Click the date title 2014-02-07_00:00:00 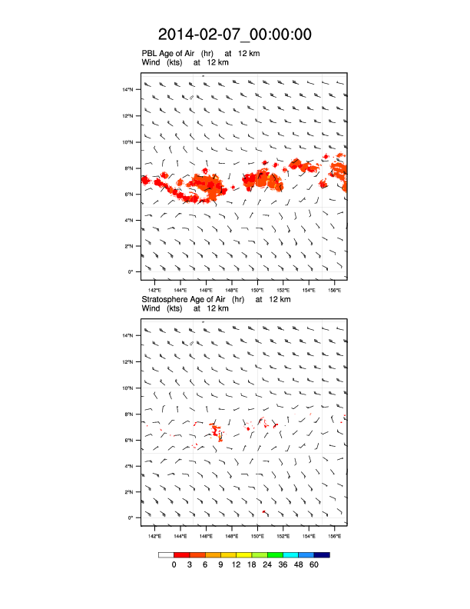[x=234, y=35]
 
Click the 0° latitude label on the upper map [x=131, y=271]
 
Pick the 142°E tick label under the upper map [x=154, y=291]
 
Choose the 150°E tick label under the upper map [x=257, y=291]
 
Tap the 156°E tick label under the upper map [x=335, y=291]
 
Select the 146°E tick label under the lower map [x=206, y=536]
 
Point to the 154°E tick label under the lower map [x=309, y=536]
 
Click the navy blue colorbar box [x=322, y=554]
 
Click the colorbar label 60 [x=313, y=565]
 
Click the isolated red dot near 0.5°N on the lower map [x=263, y=511]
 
